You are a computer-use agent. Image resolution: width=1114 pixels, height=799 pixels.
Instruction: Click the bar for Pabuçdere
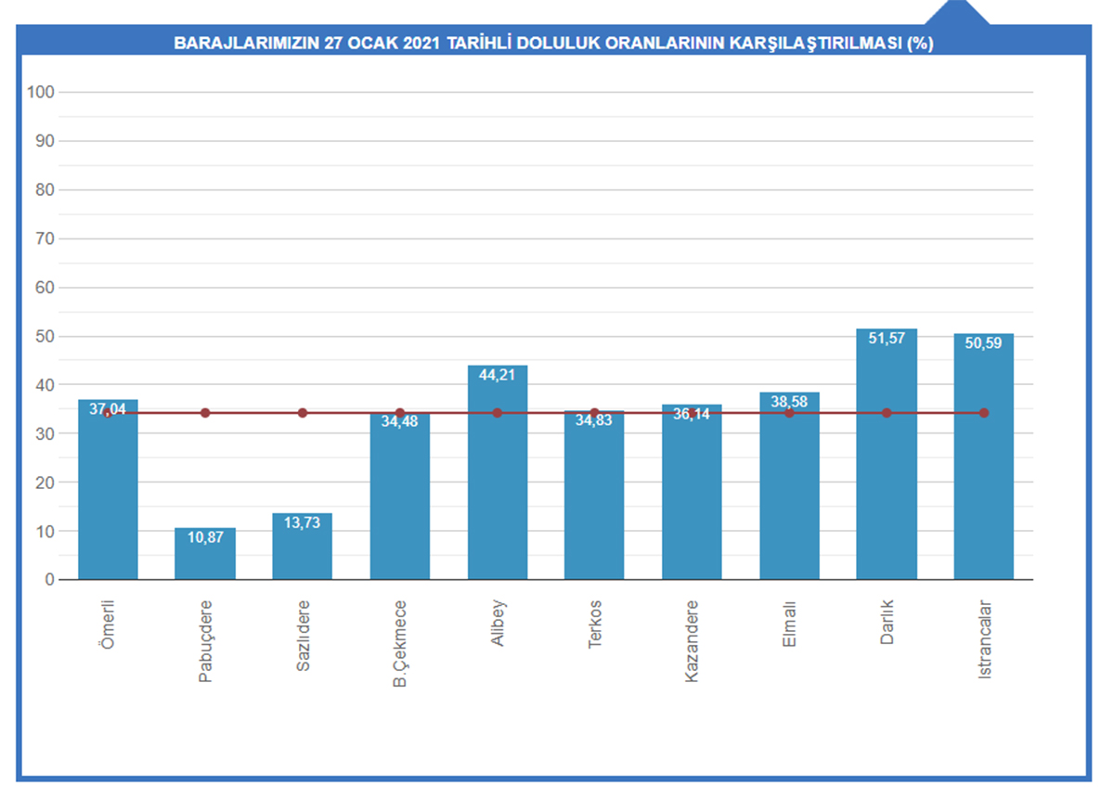pos(205,554)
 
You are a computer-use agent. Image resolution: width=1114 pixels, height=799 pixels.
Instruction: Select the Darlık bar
pos(887,464)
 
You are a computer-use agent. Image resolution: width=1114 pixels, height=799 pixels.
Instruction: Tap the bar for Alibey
pos(498,483)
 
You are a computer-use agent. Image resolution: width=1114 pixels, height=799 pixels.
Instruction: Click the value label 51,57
pos(887,339)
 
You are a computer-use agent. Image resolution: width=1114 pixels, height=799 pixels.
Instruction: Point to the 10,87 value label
pos(205,537)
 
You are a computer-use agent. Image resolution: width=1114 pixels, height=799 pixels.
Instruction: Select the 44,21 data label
pos(498,375)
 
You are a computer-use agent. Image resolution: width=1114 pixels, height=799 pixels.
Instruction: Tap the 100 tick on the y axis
pos(42,92)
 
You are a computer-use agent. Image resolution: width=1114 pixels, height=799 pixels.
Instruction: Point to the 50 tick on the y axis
pos(45,336)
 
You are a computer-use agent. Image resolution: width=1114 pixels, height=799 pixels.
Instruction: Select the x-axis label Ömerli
pos(108,624)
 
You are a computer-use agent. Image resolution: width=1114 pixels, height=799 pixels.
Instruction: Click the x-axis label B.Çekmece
pos(400,643)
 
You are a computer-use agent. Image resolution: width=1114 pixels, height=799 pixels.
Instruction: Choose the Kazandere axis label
pos(692,641)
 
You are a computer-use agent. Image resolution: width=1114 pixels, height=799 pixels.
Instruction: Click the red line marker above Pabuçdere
pos(205,413)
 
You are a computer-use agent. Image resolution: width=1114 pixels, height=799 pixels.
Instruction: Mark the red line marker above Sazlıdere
pos(302,413)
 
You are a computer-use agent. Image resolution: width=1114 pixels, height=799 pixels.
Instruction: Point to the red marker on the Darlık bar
pos(887,413)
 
